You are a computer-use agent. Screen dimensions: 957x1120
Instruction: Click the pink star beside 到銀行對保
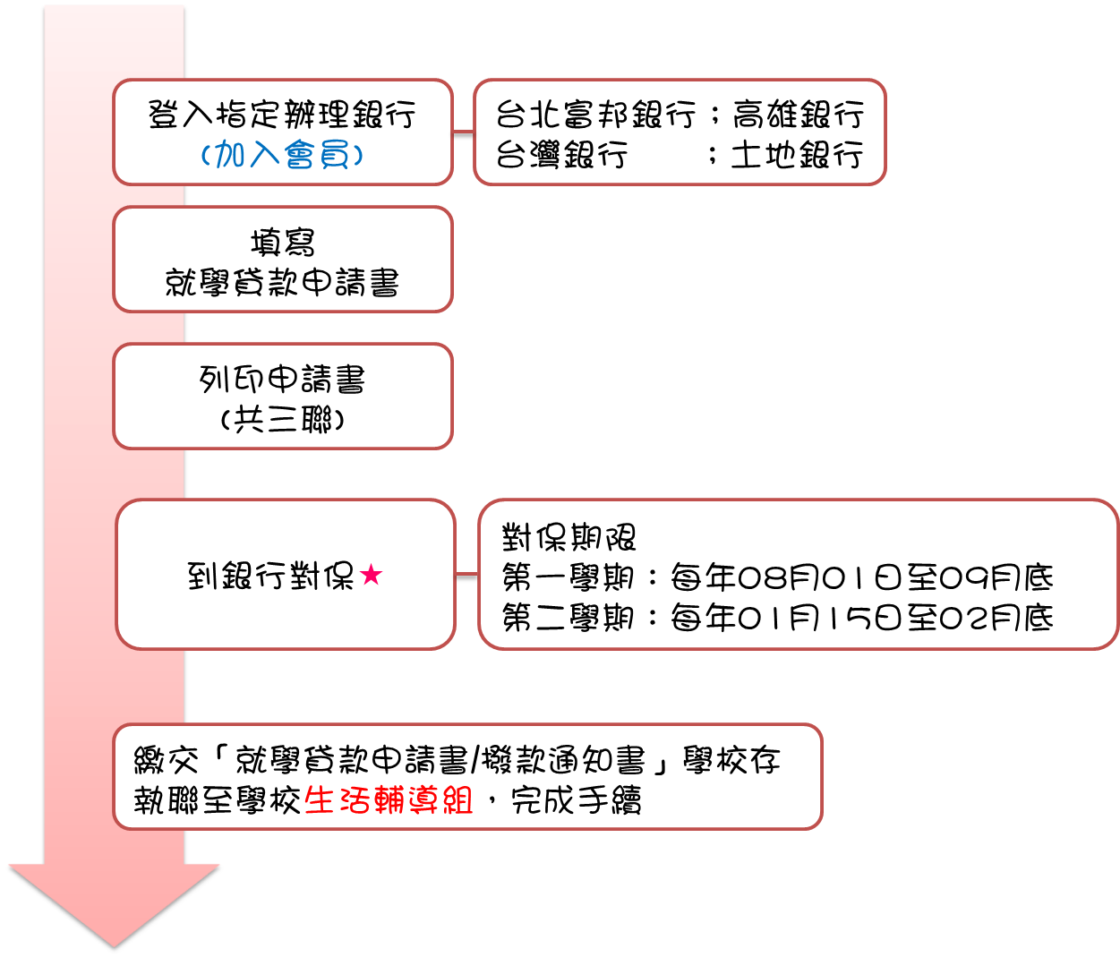372,575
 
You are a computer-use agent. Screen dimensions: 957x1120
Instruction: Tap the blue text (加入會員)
282,155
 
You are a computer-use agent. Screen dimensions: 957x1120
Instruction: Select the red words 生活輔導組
389,799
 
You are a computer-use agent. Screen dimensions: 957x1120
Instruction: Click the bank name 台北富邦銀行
596,115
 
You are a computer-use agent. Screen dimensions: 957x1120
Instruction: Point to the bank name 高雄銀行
799,115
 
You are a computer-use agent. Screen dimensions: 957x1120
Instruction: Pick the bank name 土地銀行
797,155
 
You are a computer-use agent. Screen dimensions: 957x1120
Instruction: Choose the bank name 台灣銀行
562,155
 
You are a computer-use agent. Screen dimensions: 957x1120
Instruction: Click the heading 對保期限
569,537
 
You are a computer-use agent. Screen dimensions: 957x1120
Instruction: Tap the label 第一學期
569,577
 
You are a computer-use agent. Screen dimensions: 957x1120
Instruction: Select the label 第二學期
569,618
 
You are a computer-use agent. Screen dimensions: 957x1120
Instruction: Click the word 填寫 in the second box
282,243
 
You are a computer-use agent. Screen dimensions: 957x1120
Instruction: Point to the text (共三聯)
282,419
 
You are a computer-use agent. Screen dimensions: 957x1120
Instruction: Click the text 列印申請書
282,380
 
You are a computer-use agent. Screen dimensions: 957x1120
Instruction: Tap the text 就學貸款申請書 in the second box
282,283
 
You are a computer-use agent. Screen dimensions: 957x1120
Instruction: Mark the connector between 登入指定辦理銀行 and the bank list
463,134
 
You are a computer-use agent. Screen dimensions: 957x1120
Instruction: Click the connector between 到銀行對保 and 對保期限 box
466,577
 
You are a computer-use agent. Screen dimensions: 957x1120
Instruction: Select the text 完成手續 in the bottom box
576,799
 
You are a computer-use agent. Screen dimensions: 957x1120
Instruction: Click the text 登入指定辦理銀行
282,115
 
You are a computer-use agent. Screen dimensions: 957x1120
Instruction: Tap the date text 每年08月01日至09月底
862,577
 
